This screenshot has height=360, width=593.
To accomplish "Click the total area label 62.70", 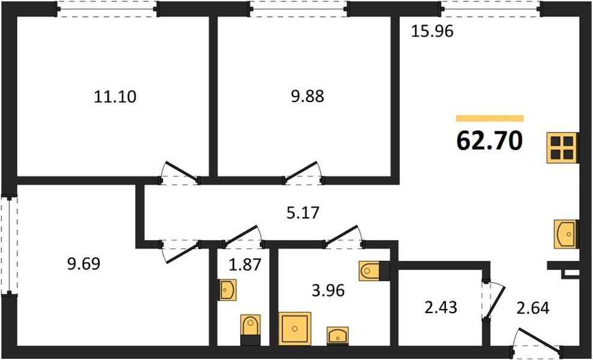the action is point(490,142).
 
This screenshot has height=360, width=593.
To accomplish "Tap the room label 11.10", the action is point(115,97).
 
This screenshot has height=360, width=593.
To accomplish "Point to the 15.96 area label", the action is point(432,32).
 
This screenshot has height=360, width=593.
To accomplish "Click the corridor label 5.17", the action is point(303,213).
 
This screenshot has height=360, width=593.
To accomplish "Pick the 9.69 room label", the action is point(84,263).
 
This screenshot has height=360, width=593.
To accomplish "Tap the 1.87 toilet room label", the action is point(245,265).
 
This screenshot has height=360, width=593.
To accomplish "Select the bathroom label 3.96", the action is point(328,290).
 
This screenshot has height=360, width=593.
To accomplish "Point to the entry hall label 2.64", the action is point(532,308).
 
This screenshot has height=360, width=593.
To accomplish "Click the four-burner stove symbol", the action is point(562,148).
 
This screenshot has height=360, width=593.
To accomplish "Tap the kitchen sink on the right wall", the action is point(566,234).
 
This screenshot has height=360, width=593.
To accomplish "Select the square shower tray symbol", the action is point(295,328).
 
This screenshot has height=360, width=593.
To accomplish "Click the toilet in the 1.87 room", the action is point(250,329).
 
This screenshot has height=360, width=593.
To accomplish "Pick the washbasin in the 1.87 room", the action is point(227,290).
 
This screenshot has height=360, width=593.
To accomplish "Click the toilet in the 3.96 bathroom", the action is point(374,271).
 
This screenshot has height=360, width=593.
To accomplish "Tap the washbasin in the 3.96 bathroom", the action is point(337,335).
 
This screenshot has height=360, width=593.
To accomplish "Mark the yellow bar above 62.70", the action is point(490,118).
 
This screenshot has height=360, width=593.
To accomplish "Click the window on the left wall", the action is point(9,244).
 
